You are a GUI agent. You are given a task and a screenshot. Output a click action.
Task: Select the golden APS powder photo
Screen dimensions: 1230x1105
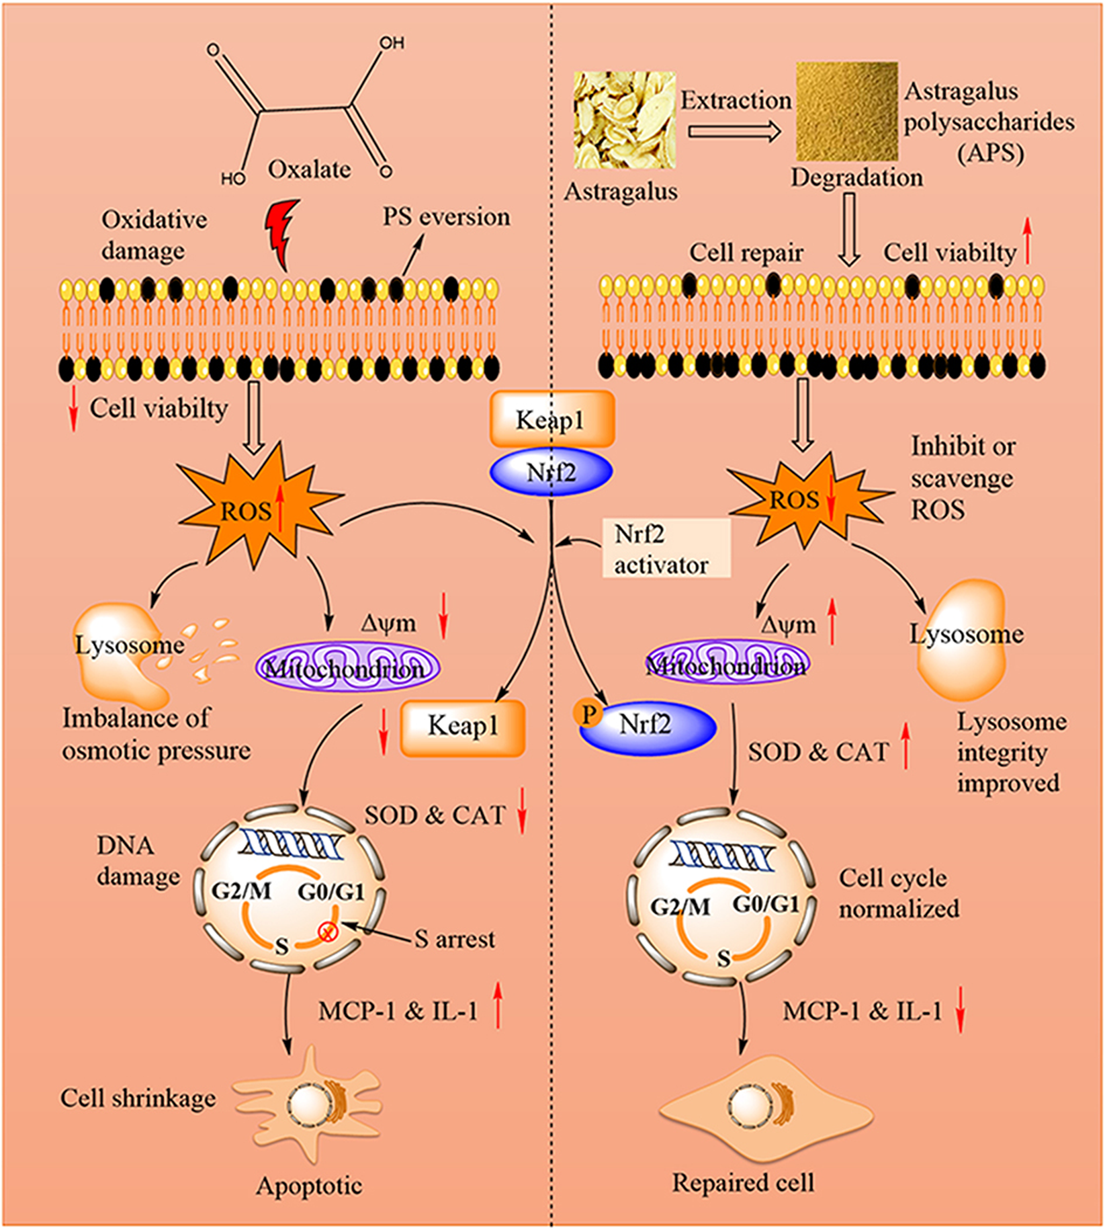coord(846,112)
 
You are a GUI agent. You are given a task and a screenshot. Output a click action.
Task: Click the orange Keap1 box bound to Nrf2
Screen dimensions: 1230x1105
coord(551,419)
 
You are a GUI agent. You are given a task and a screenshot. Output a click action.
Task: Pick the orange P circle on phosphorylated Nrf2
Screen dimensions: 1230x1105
coord(588,714)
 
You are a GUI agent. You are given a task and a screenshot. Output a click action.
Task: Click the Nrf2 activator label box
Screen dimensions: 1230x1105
coord(665,548)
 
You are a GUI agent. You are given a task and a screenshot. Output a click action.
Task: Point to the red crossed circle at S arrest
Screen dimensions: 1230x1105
coord(327,932)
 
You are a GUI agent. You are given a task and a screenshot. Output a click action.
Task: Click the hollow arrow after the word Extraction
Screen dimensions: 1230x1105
coord(735,131)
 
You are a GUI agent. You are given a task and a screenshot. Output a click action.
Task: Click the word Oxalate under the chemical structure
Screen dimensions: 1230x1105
coord(309,169)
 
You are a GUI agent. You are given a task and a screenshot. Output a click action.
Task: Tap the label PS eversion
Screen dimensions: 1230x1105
coord(446,216)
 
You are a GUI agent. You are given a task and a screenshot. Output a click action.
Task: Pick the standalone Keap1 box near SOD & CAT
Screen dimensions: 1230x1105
coord(463,728)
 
